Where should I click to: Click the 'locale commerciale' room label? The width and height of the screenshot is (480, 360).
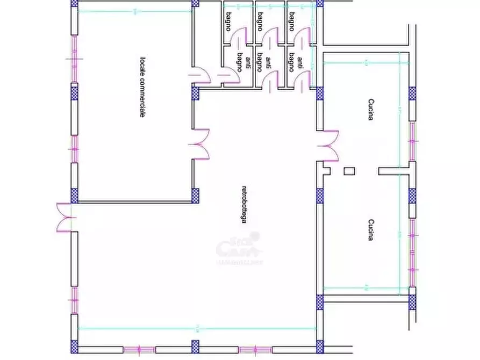click(142, 87)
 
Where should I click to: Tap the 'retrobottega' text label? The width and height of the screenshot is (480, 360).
click(244, 204)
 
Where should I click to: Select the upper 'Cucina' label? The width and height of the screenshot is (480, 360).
click(370, 110)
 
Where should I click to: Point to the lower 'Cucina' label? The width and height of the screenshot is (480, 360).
click(370, 229)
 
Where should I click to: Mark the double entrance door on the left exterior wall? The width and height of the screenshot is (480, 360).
click(65, 217)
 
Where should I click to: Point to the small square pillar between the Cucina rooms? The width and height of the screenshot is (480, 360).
click(349, 171)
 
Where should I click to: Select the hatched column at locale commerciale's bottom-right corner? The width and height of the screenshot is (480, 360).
click(195, 195)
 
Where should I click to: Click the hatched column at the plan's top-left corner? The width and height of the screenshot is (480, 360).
click(74, 4)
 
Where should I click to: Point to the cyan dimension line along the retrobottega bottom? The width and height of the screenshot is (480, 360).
click(196, 328)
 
